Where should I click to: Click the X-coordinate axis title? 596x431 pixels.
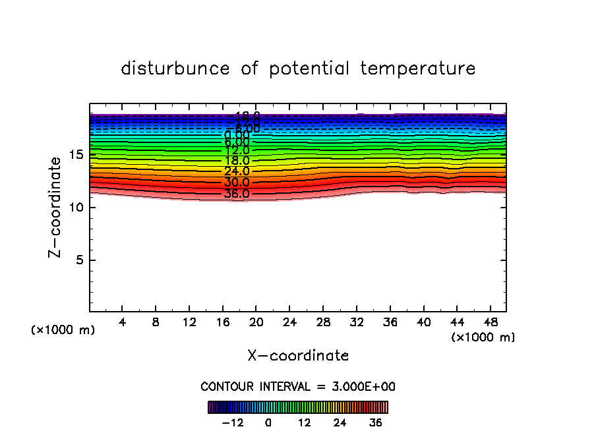point(298,356)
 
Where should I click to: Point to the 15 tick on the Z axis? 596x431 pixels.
point(76,155)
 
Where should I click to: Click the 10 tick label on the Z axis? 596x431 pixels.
point(76,208)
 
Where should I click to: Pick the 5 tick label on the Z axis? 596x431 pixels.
point(79,260)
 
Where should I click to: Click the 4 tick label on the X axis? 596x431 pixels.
point(123,323)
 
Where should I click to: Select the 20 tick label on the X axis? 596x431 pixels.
point(256,323)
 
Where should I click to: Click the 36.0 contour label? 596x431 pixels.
point(237,194)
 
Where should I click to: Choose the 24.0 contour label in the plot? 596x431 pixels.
point(237,171)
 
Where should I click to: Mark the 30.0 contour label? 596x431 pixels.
point(237,183)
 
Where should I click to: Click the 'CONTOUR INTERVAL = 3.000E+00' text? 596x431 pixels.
point(298,387)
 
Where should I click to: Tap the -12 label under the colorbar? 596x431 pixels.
point(233,422)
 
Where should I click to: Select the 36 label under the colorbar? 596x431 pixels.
point(375,422)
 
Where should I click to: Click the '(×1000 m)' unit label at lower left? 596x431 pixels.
point(63,330)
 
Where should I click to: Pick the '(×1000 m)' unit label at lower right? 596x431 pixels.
point(483,337)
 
